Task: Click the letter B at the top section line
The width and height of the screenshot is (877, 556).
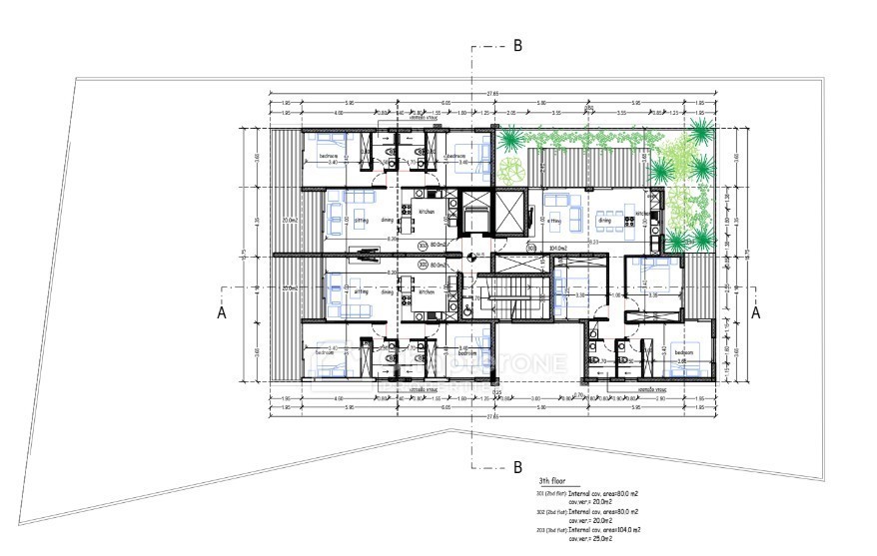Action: [x=517, y=45]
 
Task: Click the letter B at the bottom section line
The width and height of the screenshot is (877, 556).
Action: [x=517, y=466]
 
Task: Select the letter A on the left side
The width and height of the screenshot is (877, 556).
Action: [x=223, y=312]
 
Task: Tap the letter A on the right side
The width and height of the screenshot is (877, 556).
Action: [x=756, y=312]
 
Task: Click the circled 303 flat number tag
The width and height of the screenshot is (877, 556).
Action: [x=531, y=248]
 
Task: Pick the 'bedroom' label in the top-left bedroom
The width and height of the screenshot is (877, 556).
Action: [x=330, y=157]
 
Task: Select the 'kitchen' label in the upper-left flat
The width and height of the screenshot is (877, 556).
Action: [x=427, y=213]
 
